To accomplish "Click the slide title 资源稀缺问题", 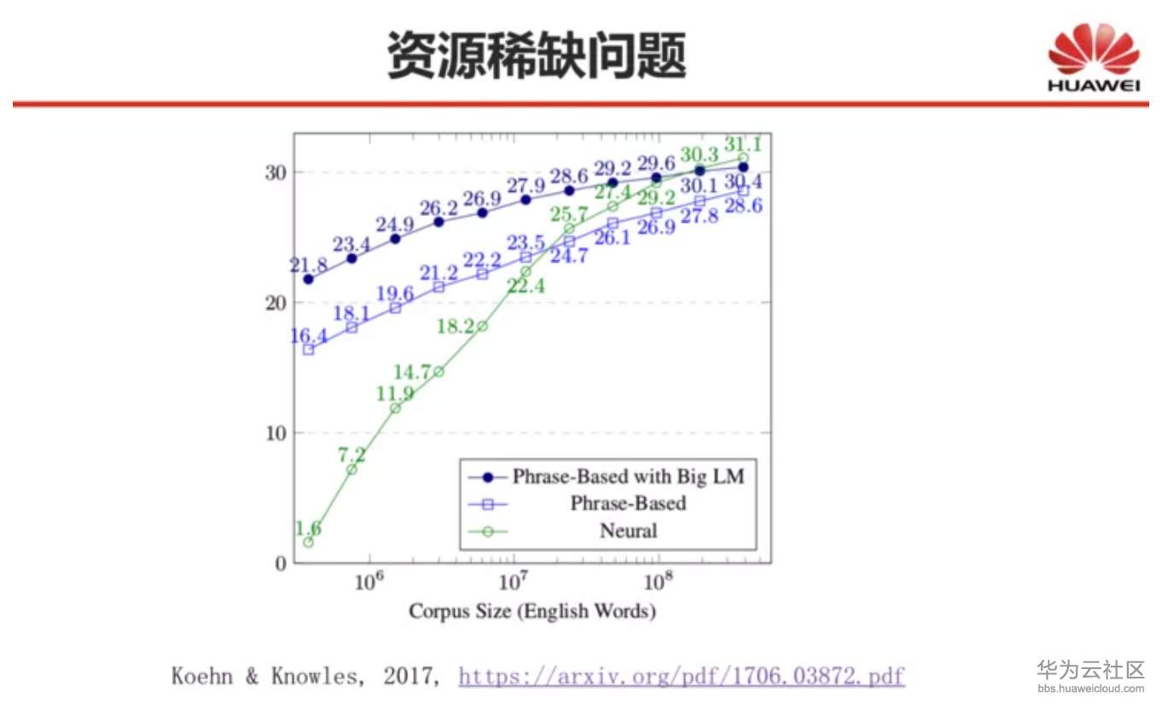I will click(x=537, y=56).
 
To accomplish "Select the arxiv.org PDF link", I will click(x=681, y=677).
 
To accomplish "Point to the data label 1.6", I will click(x=308, y=529).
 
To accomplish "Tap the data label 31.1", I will click(x=742, y=144).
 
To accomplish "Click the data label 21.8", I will click(x=309, y=265).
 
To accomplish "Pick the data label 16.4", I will click(x=309, y=335).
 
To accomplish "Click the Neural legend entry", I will click(x=628, y=531).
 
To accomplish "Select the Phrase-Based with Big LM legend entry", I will click(x=628, y=476).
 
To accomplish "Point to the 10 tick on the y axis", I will click(x=276, y=433).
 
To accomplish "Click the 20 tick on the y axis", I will click(x=276, y=303).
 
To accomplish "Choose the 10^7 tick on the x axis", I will click(x=513, y=582).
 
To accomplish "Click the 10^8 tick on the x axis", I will click(x=657, y=582).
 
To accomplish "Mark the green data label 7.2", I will click(x=351, y=456).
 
